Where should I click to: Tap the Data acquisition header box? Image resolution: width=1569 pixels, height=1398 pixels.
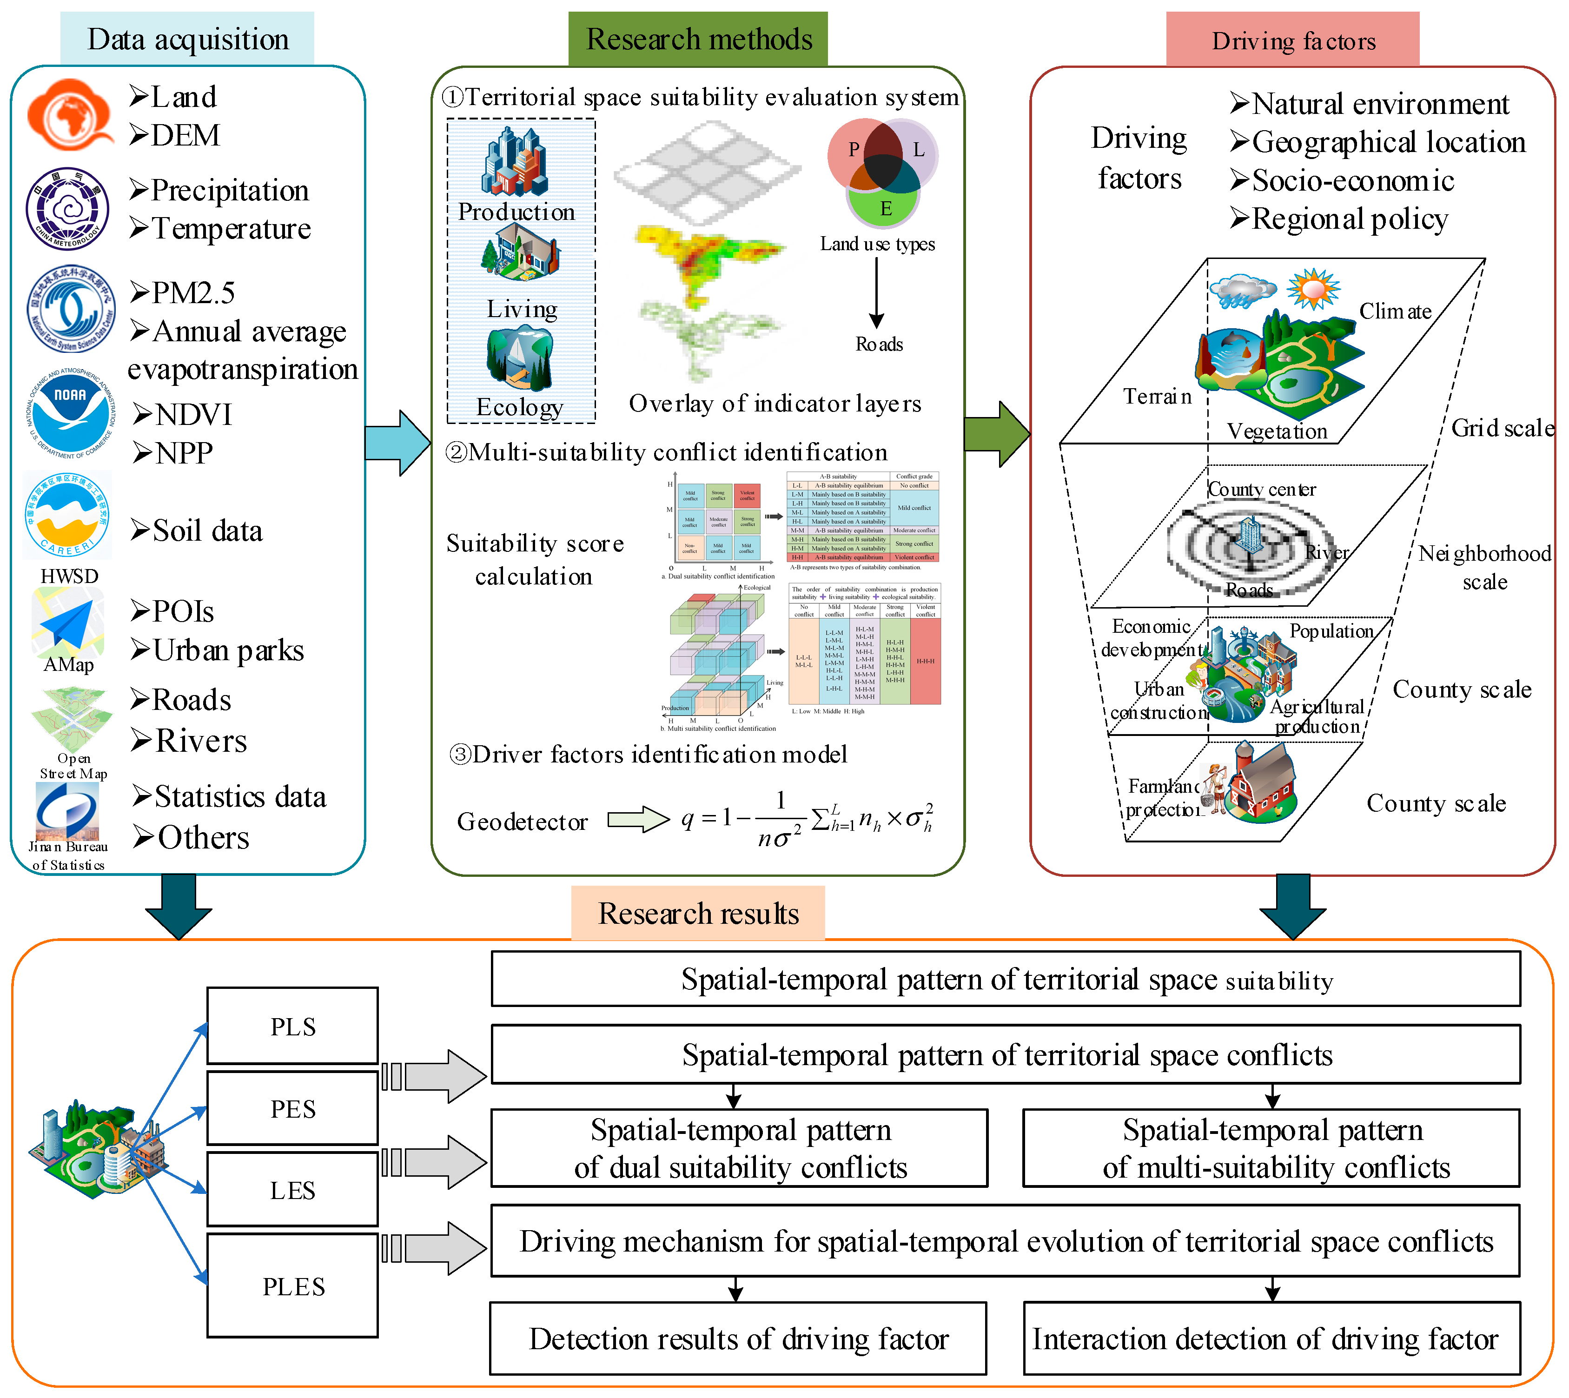coord(187,39)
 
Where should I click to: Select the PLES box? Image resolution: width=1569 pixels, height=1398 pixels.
coord(292,1286)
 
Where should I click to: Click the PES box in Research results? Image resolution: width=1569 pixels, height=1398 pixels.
coord(292,1108)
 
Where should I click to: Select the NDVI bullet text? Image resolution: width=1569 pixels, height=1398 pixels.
coord(183,415)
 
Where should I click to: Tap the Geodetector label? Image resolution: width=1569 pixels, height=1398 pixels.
coord(522,821)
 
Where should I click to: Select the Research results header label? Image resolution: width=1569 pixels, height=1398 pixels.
coord(698,913)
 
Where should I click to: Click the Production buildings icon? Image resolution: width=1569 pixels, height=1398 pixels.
coord(515,161)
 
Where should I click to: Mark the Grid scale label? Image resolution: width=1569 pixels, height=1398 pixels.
coord(1502,428)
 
